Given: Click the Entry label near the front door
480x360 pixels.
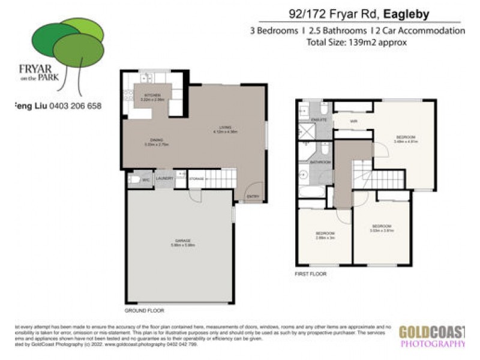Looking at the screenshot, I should point(252,196).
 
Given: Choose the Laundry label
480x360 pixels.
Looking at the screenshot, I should point(164,178).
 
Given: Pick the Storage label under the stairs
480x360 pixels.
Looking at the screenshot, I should point(196,178).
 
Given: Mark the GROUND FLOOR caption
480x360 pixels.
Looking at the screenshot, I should point(144,311).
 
